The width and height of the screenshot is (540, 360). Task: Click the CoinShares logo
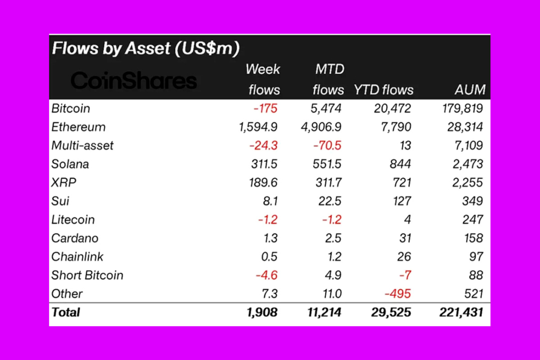133,81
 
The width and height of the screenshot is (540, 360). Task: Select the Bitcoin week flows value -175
265,109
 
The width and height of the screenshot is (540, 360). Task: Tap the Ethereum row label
79,127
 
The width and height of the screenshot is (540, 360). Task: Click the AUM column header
470,90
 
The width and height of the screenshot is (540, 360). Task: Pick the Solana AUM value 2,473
467,164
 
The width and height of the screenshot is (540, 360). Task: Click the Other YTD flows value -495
398,294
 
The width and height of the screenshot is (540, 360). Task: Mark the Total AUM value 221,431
461,312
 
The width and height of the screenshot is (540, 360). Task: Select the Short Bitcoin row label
88,275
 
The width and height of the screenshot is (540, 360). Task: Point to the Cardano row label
75,238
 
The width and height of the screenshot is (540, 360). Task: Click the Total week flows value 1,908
262,312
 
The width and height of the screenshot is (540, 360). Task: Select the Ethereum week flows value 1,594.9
258,127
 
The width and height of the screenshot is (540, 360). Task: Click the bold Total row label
66,312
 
